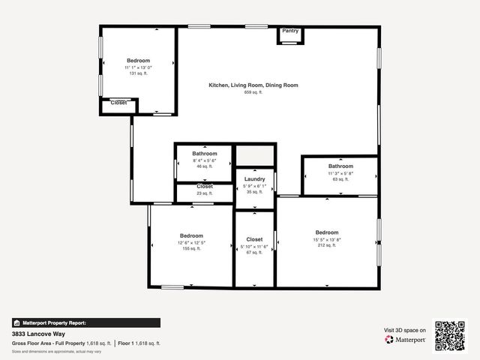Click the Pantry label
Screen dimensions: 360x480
click(x=290, y=31)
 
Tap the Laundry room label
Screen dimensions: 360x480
click(x=254, y=179)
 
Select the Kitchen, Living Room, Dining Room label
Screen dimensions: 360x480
click(x=253, y=85)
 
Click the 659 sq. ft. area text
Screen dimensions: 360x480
click(x=253, y=92)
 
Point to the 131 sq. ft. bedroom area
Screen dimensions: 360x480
click(x=138, y=73)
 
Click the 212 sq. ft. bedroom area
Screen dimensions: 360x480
click(x=327, y=245)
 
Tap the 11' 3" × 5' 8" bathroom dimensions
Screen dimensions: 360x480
click(x=340, y=173)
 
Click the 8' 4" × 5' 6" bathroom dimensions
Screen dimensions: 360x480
click(x=204, y=160)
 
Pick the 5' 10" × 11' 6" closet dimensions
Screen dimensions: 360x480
click(x=254, y=246)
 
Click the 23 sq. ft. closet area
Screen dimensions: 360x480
click(x=205, y=193)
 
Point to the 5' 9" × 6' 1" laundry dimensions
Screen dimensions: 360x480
click(x=254, y=186)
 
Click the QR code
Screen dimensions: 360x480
click(x=450, y=335)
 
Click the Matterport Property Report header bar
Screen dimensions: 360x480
click(x=85, y=322)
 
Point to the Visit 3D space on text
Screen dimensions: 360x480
click(x=405, y=330)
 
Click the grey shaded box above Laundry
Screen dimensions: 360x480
click(x=254, y=157)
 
